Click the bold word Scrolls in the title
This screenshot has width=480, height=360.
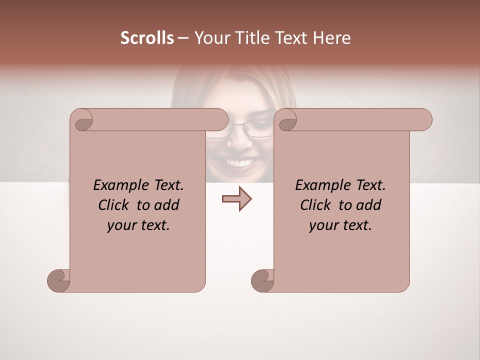click(147, 38)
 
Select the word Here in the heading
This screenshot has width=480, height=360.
click(332, 38)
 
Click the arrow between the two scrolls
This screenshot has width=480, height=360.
click(236, 199)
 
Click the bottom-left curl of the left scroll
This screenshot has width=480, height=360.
click(59, 280)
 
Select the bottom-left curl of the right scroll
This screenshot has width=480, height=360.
click(263, 280)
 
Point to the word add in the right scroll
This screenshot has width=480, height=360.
click(369, 205)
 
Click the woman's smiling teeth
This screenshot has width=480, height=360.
click(241, 163)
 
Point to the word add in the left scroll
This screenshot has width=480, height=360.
click(167, 205)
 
